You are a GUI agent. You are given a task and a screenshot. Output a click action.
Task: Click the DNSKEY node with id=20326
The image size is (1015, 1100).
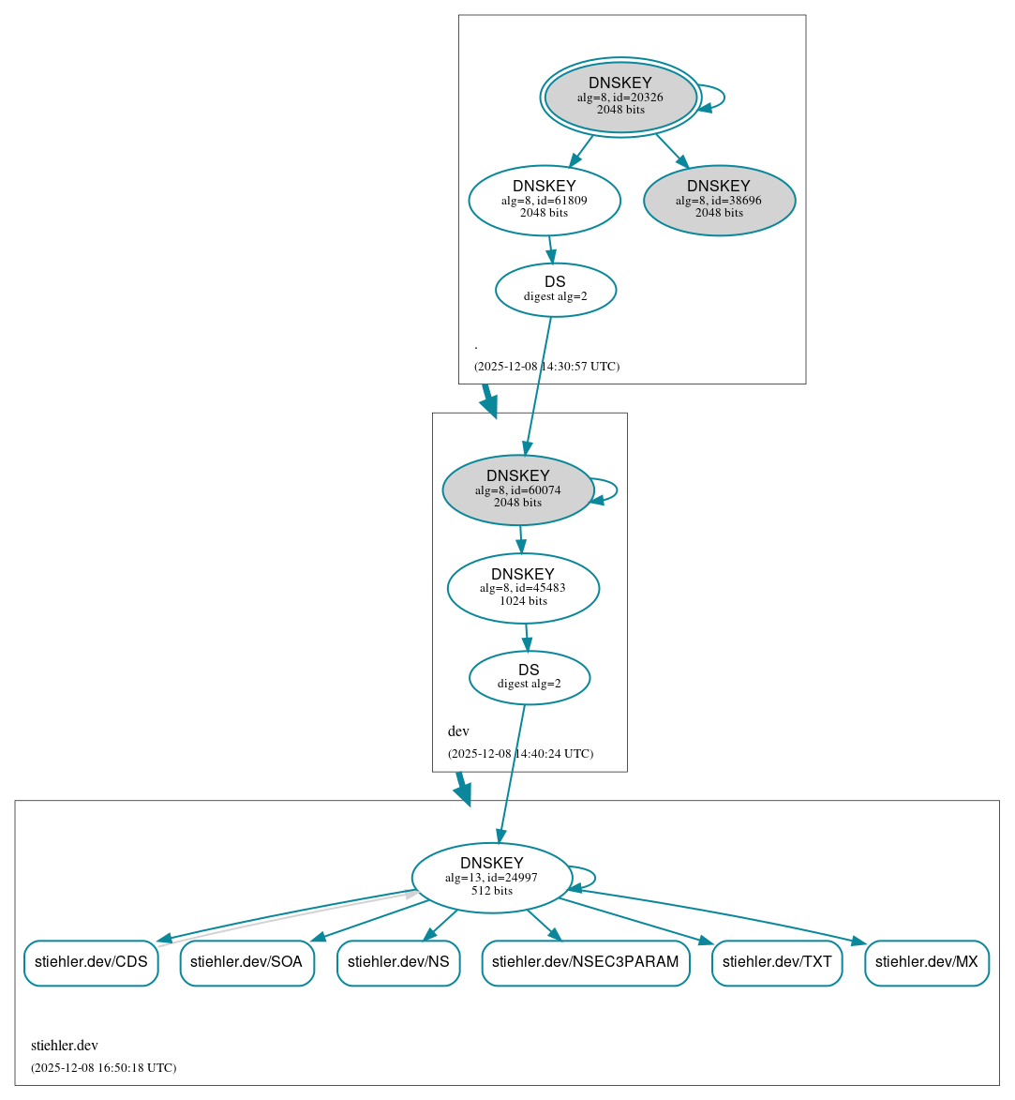(620, 97)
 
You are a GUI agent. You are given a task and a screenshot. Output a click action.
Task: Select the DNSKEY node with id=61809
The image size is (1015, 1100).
(545, 200)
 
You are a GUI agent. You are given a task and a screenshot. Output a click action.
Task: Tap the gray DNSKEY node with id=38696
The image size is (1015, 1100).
(719, 200)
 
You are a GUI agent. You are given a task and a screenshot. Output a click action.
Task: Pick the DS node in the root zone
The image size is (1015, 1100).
(556, 290)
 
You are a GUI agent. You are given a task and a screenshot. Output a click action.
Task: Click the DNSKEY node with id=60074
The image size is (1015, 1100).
(518, 490)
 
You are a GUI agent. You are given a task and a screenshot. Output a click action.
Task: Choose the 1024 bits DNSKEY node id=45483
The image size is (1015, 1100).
(523, 588)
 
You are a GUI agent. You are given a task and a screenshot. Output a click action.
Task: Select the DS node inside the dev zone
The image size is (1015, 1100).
(530, 677)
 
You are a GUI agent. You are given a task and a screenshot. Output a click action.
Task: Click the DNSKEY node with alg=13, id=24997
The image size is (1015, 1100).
(492, 878)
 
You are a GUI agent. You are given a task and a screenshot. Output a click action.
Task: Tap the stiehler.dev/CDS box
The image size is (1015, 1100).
(91, 962)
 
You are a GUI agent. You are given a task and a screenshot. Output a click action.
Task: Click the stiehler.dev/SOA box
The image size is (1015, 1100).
(246, 962)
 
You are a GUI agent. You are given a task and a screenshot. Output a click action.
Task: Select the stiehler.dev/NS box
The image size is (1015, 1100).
(398, 962)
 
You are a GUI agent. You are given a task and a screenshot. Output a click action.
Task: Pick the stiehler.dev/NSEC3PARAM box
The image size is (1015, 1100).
(586, 962)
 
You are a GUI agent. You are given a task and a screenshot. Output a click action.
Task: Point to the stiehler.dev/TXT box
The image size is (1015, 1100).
(777, 962)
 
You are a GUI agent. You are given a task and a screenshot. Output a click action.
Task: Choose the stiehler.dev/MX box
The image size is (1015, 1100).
(926, 962)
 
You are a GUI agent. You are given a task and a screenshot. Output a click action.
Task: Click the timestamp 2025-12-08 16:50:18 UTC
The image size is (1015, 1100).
(103, 1067)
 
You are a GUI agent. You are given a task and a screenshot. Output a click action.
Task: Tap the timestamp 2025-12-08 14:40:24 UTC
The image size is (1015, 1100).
(520, 753)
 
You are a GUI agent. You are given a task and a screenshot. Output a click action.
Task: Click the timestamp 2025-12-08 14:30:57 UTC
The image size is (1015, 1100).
(546, 366)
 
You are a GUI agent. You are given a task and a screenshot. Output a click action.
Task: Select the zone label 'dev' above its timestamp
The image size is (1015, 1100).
(458, 731)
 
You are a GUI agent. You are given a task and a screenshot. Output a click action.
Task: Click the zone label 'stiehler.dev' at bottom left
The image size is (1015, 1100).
(65, 1046)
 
